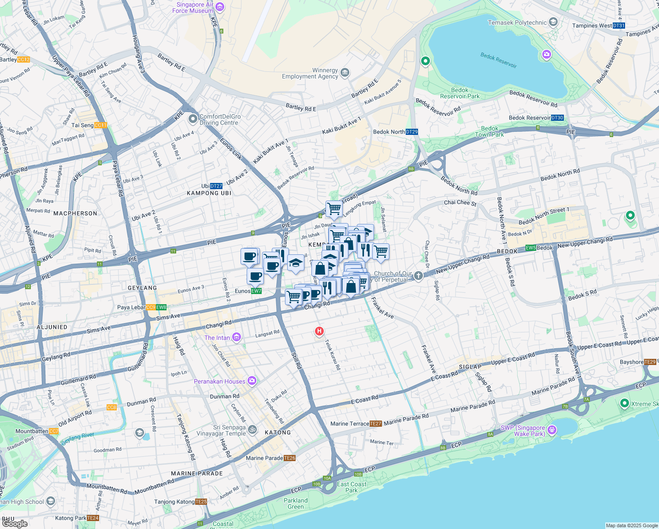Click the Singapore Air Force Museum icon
[x=220, y=7]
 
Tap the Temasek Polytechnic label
[x=517, y=22]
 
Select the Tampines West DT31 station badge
[x=618, y=26]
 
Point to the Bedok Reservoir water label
[x=498, y=60]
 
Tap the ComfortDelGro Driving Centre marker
[x=193, y=119]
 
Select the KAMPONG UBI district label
[x=209, y=193]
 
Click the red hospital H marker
[x=319, y=331]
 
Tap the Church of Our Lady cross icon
[x=418, y=276]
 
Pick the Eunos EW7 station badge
[x=256, y=291]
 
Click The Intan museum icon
[x=237, y=337]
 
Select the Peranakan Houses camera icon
[x=252, y=381]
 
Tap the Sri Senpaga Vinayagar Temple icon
[x=252, y=429]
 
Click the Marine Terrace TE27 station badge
[x=375, y=424]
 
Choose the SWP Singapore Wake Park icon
[x=552, y=430]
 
